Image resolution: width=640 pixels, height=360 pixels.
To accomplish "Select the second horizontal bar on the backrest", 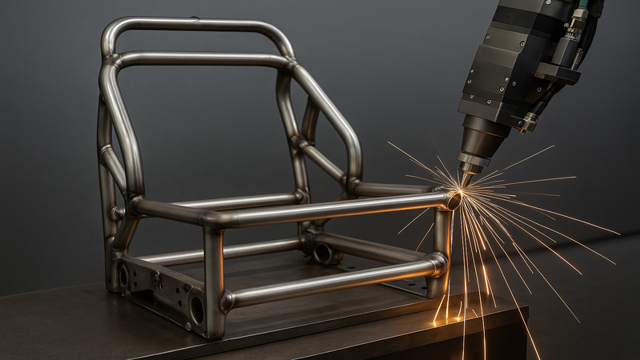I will [x=200, y=59].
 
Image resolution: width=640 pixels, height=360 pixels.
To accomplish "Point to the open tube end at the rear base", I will [x=323, y=254].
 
